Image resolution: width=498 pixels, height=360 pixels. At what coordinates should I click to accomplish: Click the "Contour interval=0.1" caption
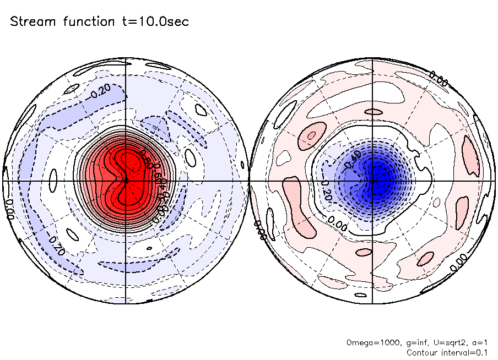coord(447,352)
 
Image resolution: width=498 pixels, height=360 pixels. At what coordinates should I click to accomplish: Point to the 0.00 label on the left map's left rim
coord(9,209)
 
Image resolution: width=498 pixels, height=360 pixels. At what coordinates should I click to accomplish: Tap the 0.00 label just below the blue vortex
coord(338,222)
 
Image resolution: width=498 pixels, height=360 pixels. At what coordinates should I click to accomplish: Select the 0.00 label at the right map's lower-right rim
coord(459,261)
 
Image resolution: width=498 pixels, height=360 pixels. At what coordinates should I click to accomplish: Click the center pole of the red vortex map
coord(126,181)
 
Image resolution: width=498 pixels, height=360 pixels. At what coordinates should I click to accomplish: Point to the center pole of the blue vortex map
coord(373,181)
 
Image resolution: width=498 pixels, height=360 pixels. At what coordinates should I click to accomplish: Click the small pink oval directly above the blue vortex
coord(375,112)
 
